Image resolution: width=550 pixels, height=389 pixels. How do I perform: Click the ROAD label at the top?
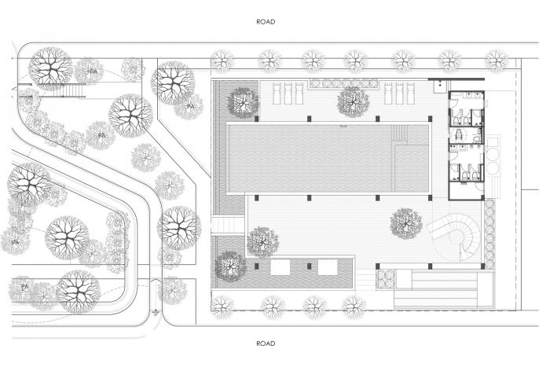tap(266, 21)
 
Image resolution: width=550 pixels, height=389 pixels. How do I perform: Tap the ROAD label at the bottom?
tap(266, 343)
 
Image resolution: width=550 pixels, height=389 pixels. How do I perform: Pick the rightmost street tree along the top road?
tap(495, 60)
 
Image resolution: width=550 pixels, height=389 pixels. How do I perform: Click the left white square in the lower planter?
tap(280, 267)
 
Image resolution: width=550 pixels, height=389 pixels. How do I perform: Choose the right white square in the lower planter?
tap(328, 267)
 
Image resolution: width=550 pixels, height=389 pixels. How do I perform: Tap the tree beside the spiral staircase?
tap(405, 222)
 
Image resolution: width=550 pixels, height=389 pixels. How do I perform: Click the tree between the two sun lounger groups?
tap(353, 100)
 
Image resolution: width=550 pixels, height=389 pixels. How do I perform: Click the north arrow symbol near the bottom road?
tap(156, 312)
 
